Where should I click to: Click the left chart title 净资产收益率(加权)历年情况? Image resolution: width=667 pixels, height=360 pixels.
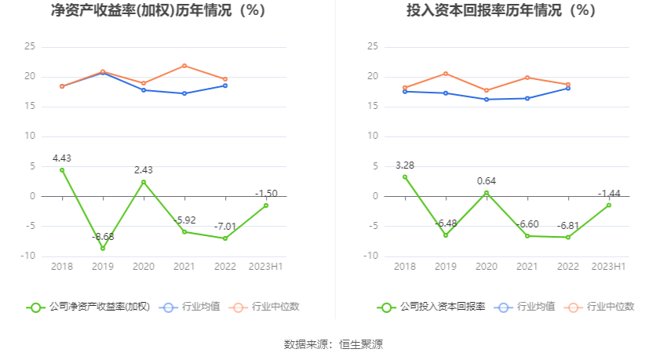pos(158,11)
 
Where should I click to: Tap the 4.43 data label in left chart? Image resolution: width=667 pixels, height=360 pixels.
pos(62,158)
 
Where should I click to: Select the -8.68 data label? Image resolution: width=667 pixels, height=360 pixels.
pos(103,237)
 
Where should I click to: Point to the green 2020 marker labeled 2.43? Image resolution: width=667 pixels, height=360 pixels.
pos(144,182)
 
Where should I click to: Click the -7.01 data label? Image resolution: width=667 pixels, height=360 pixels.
pos(225,227)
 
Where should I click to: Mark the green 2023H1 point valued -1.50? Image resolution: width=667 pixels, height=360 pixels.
pos(266,205)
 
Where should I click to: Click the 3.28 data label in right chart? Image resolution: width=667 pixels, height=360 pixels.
pos(405,165)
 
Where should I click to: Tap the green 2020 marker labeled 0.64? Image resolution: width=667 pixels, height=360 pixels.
pos(487,193)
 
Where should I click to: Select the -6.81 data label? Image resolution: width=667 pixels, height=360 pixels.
pos(568,226)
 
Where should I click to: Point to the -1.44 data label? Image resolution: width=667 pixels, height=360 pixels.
pos(609,193)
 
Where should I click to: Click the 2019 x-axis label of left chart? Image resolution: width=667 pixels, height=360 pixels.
pos(103,267)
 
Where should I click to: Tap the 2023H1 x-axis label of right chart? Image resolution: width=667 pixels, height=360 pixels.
pos(609,267)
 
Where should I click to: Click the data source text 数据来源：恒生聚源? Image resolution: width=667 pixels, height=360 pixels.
pos(333,344)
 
